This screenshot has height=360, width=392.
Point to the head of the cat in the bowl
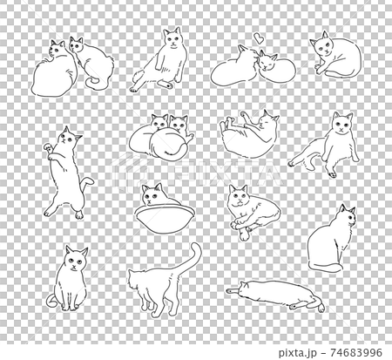point(155,194)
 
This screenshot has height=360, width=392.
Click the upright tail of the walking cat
point(193,260)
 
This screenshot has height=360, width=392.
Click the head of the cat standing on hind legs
point(69,137)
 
